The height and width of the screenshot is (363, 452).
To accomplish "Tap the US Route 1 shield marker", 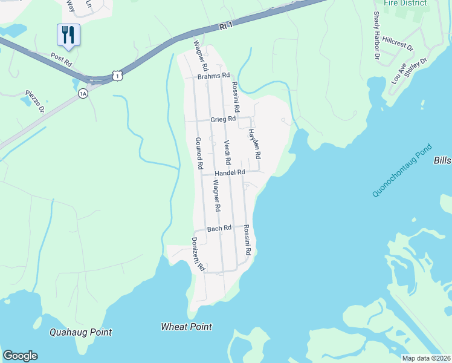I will (x=117, y=74).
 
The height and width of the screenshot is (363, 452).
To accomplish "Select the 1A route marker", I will (x=83, y=93).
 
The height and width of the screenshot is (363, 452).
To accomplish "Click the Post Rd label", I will (x=61, y=60).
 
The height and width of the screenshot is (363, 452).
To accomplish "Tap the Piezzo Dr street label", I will (x=34, y=100).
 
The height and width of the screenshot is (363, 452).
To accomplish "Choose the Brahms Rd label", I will (x=214, y=76).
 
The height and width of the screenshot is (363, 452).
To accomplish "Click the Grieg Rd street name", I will (x=222, y=120).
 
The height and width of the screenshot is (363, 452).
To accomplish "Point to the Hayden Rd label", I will (x=254, y=145).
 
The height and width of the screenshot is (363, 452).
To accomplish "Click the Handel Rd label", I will (x=230, y=172).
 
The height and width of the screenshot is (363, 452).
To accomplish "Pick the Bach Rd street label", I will (x=219, y=228).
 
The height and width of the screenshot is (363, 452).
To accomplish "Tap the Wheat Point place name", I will (x=186, y=327).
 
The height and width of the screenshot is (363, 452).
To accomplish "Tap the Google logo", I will (x=20, y=356).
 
